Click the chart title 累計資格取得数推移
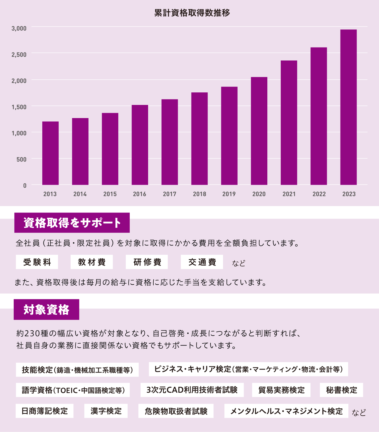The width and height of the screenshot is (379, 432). click(192, 13)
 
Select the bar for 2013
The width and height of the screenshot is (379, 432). click(50, 153)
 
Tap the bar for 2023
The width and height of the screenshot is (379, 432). click(348, 107)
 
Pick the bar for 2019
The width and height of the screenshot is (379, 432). click(229, 136)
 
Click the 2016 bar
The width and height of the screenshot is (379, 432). click(140, 145)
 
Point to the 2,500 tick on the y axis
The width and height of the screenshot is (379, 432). click(19, 55)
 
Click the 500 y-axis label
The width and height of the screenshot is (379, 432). click(21, 159)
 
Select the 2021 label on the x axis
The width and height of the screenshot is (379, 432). click(289, 194)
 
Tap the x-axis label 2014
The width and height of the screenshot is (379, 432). click(80, 194)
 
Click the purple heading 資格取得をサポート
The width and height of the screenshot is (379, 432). click(72, 223)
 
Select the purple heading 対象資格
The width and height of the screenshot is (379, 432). click(46, 310)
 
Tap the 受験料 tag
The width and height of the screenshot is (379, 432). click(37, 262)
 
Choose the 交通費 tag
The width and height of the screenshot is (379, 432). click(202, 262)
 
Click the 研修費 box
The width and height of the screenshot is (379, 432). click(147, 262)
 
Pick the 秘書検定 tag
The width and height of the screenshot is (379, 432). click(341, 390)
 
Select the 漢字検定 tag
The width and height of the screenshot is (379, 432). click(106, 411)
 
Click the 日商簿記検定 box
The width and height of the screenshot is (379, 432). click(45, 411)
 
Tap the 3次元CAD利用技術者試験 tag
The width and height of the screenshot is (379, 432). click(192, 390)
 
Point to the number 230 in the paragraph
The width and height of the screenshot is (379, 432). click(32, 333)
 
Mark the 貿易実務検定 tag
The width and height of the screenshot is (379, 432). click(281, 390)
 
